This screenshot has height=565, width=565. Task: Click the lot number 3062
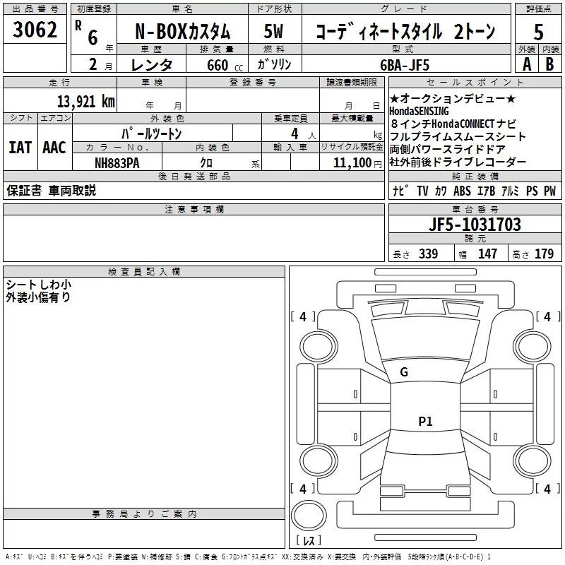click(x=35, y=30)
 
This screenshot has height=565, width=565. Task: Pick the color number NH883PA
click(x=117, y=162)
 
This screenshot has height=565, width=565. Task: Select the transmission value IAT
click(x=19, y=148)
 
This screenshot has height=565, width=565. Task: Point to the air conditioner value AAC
click(x=54, y=148)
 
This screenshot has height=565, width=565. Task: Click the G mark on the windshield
click(x=404, y=372)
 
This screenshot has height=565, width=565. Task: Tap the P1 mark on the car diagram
click(x=425, y=422)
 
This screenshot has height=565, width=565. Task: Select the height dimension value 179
click(x=544, y=254)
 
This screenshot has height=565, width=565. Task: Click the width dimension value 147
click(x=487, y=254)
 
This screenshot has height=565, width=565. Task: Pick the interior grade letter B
click(x=550, y=64)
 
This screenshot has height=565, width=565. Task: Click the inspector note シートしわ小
click(x=38, y=285)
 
